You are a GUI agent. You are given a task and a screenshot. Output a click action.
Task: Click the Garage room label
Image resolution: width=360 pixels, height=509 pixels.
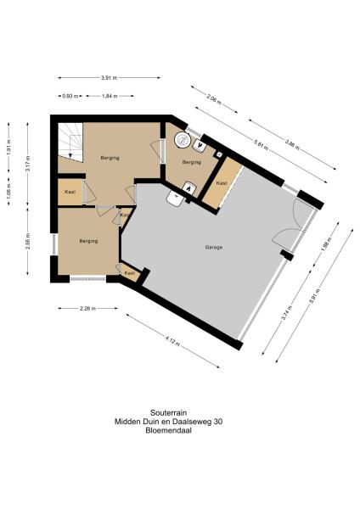point(213,247)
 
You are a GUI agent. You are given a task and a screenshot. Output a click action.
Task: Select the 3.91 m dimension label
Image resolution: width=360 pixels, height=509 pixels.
point(109,78)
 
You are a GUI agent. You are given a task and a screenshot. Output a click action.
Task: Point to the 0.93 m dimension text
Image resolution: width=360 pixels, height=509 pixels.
point(66,96)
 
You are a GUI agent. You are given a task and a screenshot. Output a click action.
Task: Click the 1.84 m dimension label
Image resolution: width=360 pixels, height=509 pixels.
point(109,96)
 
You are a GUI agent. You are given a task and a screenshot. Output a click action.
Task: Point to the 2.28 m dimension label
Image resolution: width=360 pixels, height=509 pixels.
point(87,309)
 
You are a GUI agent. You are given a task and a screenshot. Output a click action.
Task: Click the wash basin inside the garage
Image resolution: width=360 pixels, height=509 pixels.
point(176,199)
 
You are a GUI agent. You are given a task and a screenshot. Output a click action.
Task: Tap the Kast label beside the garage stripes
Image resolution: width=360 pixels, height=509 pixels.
point(221,183)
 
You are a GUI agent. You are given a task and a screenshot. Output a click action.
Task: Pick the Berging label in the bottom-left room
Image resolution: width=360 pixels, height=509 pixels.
point(89,241)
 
